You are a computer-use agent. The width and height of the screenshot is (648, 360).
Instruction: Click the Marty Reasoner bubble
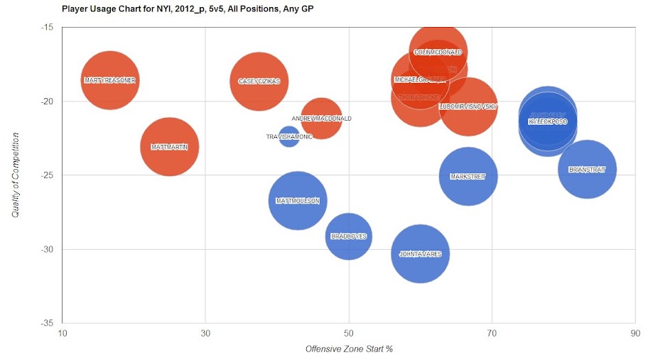109,80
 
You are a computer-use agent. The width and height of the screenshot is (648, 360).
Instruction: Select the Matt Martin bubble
169,147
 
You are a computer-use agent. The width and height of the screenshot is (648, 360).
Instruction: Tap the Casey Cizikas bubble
259,81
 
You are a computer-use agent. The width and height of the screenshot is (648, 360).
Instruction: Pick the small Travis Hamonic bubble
288,136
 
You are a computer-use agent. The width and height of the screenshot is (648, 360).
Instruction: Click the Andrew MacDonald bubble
321,119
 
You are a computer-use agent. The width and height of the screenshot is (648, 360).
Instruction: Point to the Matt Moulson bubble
298,201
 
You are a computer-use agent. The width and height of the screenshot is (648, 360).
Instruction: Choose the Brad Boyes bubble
348,236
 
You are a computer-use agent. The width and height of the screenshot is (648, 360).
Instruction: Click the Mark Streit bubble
468,176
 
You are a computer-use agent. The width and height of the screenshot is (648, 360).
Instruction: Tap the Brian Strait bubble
587,170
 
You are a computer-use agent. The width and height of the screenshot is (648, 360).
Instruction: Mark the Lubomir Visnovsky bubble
468,107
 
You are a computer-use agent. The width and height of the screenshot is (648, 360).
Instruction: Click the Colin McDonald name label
438,52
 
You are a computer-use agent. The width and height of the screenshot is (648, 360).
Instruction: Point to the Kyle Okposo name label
548,121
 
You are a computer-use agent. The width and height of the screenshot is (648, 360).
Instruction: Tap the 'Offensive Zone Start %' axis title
349,349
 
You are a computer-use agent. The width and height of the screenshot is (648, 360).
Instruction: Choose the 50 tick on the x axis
348,333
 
